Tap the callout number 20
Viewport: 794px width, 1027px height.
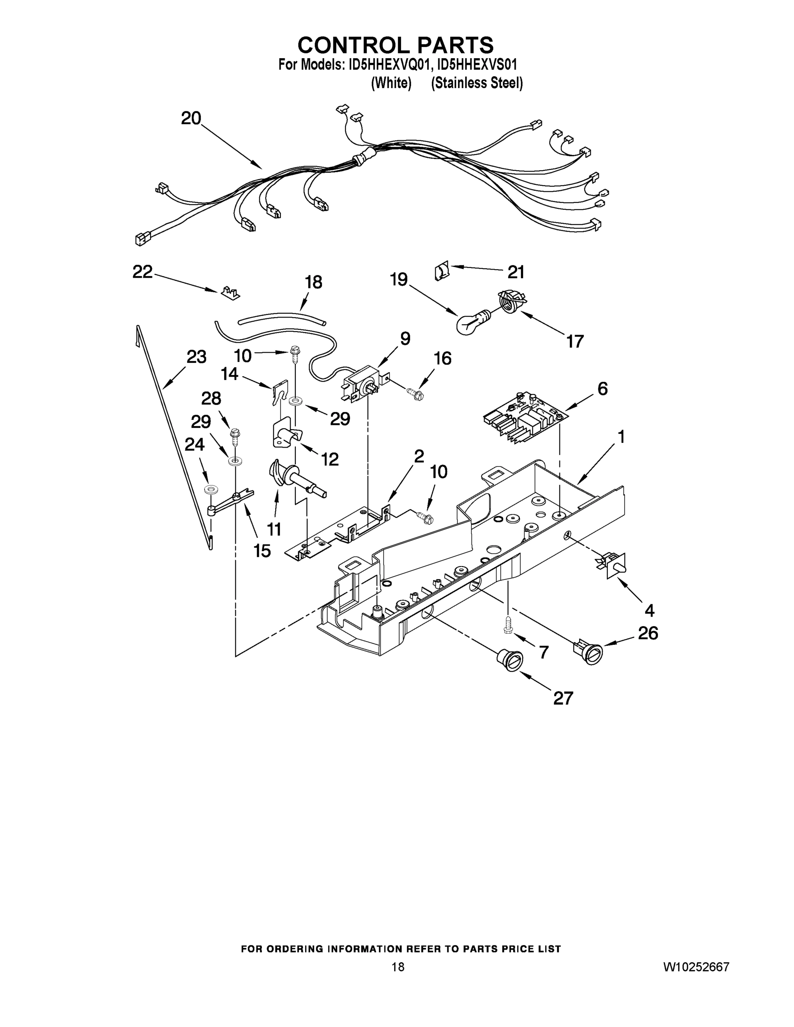click(191, 118)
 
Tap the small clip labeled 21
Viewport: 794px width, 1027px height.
click(441, 272)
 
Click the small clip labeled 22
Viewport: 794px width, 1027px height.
click(230, 292)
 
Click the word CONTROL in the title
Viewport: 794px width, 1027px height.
click(354, 45)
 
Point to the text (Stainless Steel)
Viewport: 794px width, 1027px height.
click(476, 83)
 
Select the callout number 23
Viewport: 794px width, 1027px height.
click(196, 357)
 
